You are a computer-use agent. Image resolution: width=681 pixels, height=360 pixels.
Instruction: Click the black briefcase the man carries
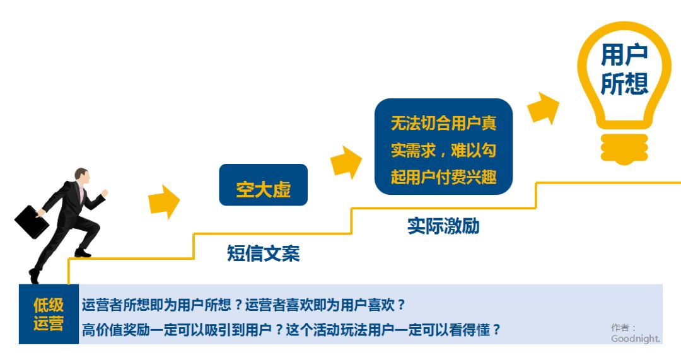tap(32, 222)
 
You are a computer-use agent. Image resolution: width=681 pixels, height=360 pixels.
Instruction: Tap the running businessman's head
tap(81, 177)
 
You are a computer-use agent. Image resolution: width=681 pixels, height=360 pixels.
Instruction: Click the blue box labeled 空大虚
tap(263, 185)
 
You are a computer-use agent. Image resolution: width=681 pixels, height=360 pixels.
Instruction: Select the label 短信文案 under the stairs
tap(263, 253)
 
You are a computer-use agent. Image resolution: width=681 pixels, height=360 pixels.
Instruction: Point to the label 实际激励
tap(443, 226)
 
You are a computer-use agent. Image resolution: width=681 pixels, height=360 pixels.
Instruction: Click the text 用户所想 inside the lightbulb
tap(624, 69)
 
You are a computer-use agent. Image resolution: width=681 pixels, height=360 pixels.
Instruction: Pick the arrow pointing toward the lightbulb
tap(543, 108)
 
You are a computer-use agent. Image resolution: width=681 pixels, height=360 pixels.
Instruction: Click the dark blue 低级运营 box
tap(49, 314)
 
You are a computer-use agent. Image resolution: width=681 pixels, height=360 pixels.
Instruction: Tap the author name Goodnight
tap(636, 339)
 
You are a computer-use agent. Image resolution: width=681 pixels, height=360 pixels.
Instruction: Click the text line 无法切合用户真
tap(443, 124)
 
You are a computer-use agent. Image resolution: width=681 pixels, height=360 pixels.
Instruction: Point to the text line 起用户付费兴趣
tap(443, 177)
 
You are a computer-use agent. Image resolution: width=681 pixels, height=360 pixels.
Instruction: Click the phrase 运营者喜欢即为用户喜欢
tap(321, 305)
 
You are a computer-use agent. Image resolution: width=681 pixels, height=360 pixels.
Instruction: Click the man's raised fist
tap(104, 193)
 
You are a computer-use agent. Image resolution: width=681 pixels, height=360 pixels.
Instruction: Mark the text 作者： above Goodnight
tap(623, 327)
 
